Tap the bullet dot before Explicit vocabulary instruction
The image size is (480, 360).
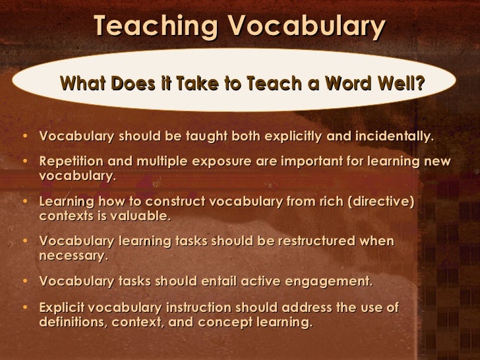coord(25,309)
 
